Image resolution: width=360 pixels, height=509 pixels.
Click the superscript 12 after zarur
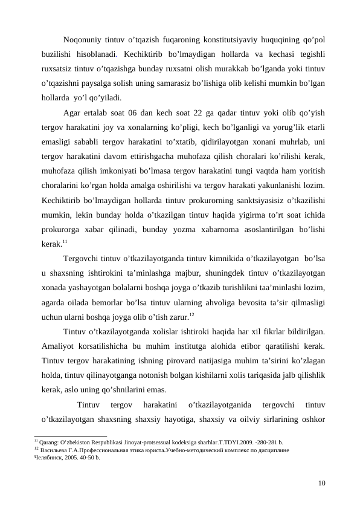tap(191, 313)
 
